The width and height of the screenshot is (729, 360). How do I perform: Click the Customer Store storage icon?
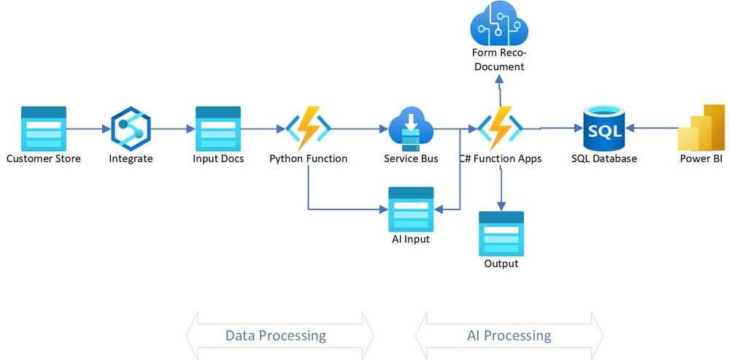pyautogui.click(x=44, y=128)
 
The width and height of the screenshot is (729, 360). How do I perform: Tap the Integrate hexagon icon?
pyautogui.click(x=131, y=129)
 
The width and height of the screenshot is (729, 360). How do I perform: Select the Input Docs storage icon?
pyautogui.click(x=217, y=128)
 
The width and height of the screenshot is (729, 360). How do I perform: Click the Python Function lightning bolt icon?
pyautogui.click(x=308, y=129)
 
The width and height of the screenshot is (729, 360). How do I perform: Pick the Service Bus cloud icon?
pyautogui.click(x=411, y=129)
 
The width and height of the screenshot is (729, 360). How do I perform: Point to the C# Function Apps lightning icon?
pyautogui.click(x=500, y=129)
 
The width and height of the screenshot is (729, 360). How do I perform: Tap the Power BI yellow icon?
pyautogui.click(x=701, y=128)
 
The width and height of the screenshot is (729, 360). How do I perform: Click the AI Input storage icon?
pyautogui.click(x=411, y=209)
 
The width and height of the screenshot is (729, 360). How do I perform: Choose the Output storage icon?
pyautogui.click(x=501, y=233)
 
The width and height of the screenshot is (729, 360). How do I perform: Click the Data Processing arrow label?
pyautogui.click(x=276, y=336)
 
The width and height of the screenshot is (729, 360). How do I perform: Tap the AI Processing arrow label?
pyautogui.click(x=509, y=336)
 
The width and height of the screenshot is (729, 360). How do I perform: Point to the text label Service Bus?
pyautogui.click(x=411, y=158)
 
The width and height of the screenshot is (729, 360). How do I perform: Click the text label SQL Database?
pyautogui.click(x=603, y=158)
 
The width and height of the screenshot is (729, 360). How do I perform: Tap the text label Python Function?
pyautogui.click(x=308, y=158)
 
